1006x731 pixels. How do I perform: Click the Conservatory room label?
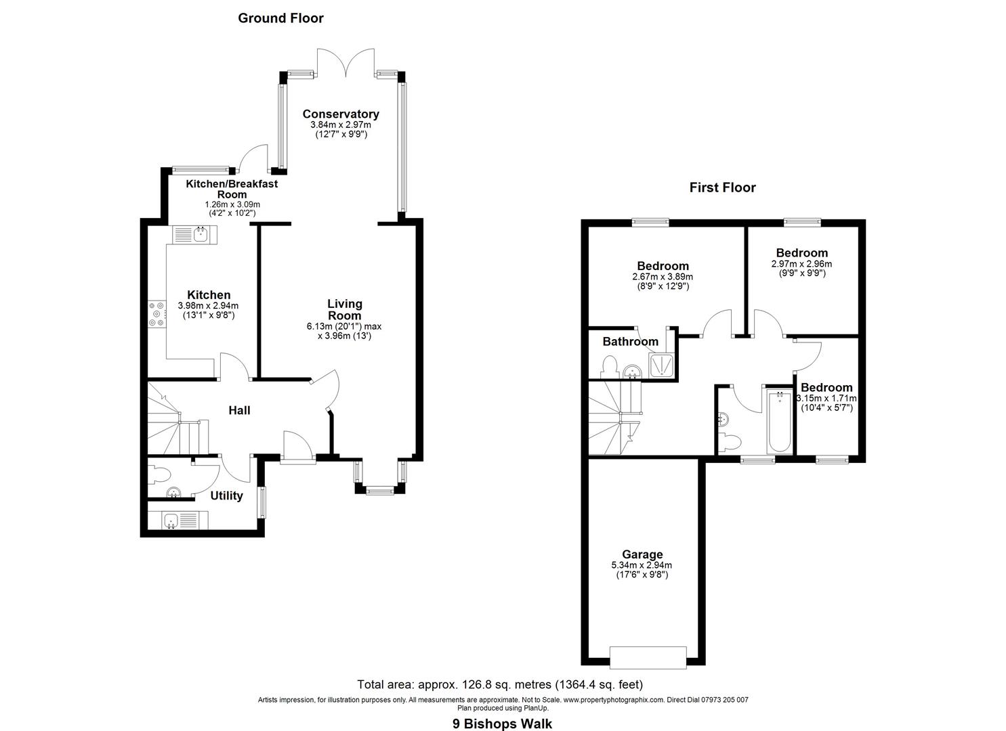pyautogui.click(x=340, y=114)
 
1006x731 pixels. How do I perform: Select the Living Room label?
pyautogui.click(x=345, y=309)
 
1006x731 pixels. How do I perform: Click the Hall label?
pyautogui.click(x=239, y=410)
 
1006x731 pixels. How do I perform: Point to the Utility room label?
pyautogui.click(x=226, y=495)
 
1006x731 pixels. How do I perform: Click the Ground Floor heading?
pyautogui.click(x=280, y=18)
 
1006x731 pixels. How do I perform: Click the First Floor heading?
pyautogui.click(x=722, y=187)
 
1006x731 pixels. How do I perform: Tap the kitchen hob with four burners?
pyautogui.click(x=157, y=314)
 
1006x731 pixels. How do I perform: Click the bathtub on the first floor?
pyautogui.click(x=779, y=422)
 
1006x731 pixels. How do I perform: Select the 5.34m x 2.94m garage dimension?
pyautogui.click(x=641, y=565)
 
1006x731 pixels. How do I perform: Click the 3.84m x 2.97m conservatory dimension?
pyautogui.click(x=340, y=125)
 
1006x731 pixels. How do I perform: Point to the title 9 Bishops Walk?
pyautogui.click(x=502, y=724)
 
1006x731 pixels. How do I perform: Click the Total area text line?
pyautogui.click(x=500, y=684)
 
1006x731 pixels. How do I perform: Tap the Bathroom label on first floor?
pyautogui.click(x=630, y=342)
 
